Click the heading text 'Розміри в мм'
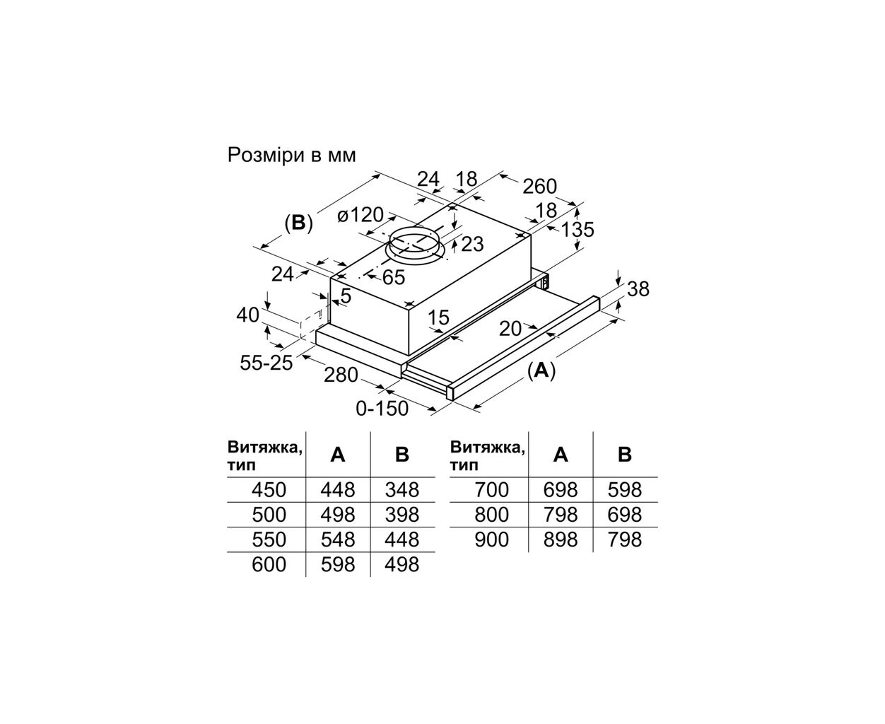tap(291, 155)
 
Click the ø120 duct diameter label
tap(360, 214)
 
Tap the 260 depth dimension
tap(539, 187)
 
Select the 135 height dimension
tap(578, 229)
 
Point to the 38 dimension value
tap(638, 288)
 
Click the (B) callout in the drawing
tap(298, 223)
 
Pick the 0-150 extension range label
tap(382, 408)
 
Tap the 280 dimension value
tap(341, 375)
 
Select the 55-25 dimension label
tap(266, 363)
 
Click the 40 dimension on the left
tap(248, 314)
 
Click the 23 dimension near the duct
tap(471, 244)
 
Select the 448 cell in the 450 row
tap(338, 489)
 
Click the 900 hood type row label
tap(491, 539)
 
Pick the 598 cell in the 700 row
tap(625, 489)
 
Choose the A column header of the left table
tap(338, 455)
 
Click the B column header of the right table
tap(625, 455)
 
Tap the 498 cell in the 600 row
tap(402, 564)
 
